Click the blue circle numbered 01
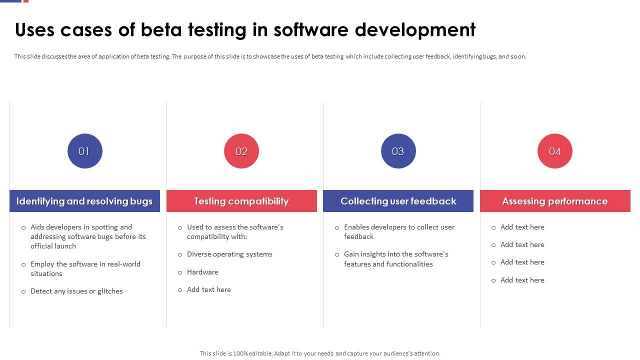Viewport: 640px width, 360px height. click(x=84, y=151)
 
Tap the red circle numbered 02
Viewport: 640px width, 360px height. click(x=241, y=151)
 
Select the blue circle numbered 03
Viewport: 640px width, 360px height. click(x=398, y=151)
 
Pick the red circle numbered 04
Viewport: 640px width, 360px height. click(x=555, y=151)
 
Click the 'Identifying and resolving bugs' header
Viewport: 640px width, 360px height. click(x=84, y=201)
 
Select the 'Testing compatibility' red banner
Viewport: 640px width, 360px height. click(x=241, y=201)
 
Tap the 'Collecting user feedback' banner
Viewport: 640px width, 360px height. click(x=398, y=201)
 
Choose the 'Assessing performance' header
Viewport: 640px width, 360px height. click(x=555, y=201)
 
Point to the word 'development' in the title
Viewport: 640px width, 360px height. click(x=415, y=30)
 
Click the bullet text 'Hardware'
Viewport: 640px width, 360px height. click(x=202, y=272)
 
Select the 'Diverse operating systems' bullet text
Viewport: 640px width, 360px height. click(x=229, y=254)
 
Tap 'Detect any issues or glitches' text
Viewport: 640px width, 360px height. click(x=76, y=291)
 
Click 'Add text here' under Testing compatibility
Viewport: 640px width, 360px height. click(x=209, y=289)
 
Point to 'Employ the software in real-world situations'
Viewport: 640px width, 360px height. click(x=85, y=268)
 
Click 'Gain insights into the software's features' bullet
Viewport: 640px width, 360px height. click(x=395, y=259)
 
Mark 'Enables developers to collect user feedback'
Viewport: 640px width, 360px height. click(x=399, y=231)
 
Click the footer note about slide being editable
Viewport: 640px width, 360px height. click(x=320, y=353)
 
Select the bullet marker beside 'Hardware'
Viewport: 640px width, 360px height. click(x=180, y=272)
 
